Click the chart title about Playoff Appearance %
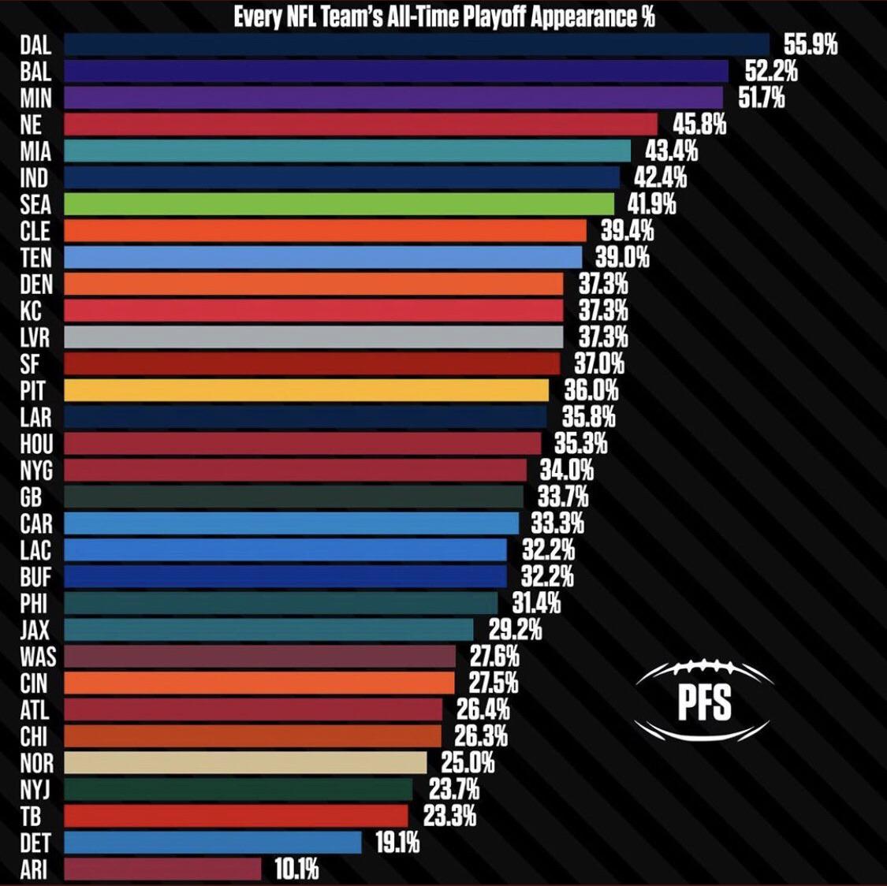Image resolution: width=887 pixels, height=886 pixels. [x=444, y=16]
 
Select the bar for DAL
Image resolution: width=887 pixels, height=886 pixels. [x=416, y=44]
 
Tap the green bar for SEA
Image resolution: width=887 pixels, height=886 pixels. [x=338, y=204]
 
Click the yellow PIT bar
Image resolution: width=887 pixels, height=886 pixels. [x=306, y=390]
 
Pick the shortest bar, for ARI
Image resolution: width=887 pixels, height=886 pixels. [x=162, y=869]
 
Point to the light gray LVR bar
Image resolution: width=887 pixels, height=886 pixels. [x=313, y=337]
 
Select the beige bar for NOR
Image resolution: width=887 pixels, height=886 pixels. [x=245, y=763]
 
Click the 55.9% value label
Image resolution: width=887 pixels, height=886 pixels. [x=810, y=45]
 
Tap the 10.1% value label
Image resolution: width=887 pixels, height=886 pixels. [x=296, y=869]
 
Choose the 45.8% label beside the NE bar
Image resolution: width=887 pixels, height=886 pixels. [x=699, y=125]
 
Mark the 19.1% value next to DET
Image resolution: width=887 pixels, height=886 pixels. [x=397, y=843]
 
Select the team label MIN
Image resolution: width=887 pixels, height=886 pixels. [x=35, y=98]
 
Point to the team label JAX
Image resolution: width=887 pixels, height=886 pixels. [x=35, y=630]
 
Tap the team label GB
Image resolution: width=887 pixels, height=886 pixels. [x=32, y=497]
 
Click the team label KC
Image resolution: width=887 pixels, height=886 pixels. [x=31, y=311]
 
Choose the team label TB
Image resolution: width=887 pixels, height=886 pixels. [x=30, y=816]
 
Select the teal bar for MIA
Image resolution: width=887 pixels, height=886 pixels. [x=347, y=151]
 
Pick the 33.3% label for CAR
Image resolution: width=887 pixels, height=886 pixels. [x=557, y=523]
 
